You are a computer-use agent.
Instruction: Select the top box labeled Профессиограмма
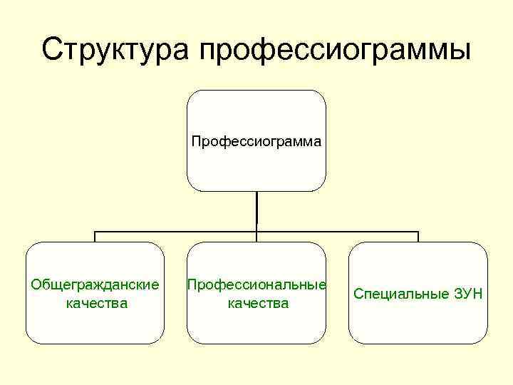pos(256,140)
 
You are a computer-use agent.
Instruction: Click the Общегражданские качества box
pos(95,293)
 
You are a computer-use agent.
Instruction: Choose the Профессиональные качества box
pos(256,293)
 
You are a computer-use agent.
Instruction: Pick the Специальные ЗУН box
pos(418,293)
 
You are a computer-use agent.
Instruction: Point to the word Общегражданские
pos(95,285)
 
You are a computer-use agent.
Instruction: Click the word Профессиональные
pos(256,285)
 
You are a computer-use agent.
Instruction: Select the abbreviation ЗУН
pos(468,294)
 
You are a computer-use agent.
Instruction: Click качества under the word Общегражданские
pos(95,304)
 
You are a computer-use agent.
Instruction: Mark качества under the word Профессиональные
pos(257,304)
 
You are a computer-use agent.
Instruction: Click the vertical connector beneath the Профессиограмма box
pos(256,210)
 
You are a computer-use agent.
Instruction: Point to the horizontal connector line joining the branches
pos(178,232)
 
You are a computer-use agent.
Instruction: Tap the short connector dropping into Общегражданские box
pos(95,237)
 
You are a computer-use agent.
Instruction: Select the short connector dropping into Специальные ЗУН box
pos(418,237)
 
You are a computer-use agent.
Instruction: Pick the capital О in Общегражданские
pos(36,285)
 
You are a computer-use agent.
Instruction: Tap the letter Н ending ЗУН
pos(477,294)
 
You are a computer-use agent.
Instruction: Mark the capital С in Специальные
pos(358,294)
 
